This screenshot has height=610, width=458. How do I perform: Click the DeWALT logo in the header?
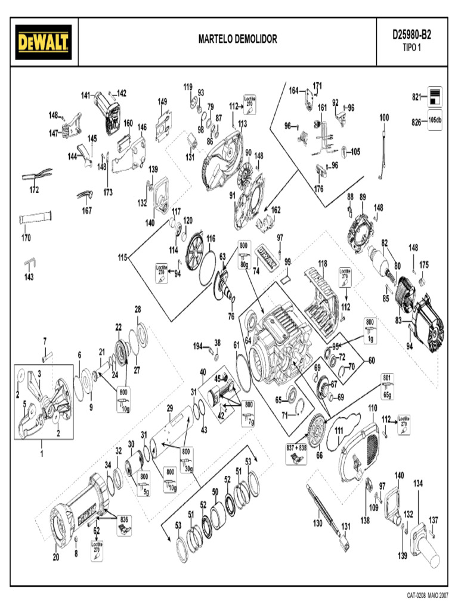pos(44,42)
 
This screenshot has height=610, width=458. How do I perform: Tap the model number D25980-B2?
pos(411,35)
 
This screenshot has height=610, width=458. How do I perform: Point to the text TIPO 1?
pos(411,48)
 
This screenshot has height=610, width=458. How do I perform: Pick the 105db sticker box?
pos(435,120)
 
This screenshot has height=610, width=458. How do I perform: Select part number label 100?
pos(384,117)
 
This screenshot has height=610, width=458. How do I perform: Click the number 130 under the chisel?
pos(317,524)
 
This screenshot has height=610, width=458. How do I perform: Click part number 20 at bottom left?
pos(56,558)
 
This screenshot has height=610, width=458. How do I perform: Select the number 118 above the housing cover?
pos(323,263)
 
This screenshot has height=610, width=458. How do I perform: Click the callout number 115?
pos(122,258)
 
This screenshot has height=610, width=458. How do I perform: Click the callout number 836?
pos(124,518)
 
